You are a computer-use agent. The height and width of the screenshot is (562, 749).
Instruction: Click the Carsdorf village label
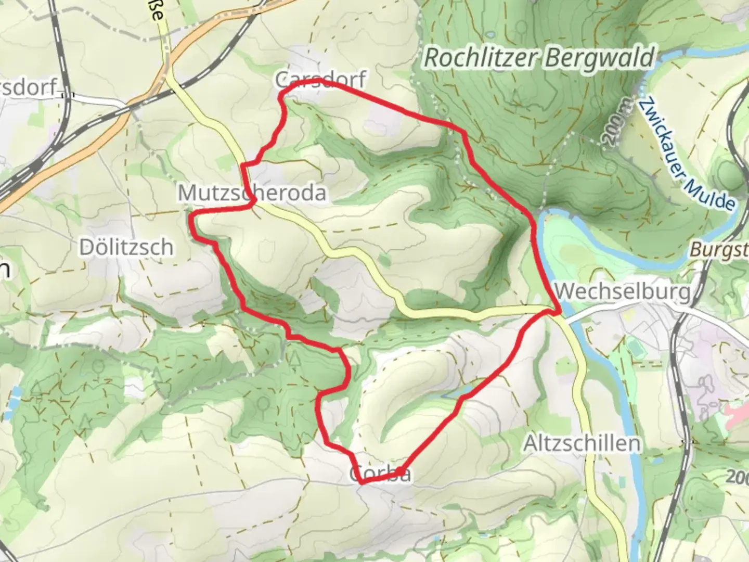pyautogui.click(x=321, y=80)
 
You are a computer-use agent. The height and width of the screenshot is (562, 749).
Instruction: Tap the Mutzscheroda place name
pyautogui.click(x=252, y=193)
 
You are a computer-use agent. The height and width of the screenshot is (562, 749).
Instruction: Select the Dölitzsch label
pyautogui.click(x=126, y=247)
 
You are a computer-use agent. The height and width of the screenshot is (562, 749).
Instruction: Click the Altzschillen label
pyautogui.click(x=582, y=444)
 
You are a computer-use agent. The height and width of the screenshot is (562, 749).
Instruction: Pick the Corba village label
pyautogui.click(x=380, y=474)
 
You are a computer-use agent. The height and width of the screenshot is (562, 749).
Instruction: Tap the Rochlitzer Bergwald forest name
pyautogui.click(x=539, y=58)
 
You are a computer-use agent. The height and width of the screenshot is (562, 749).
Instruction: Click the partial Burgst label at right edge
pyautogui.click(x=718, y=250)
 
